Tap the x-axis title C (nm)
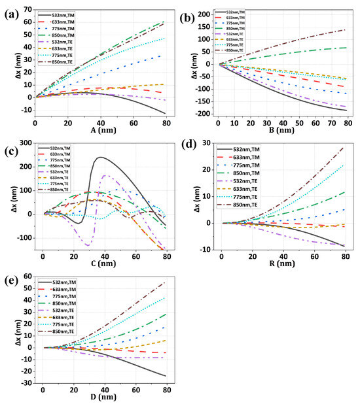[100, 267]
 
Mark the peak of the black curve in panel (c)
[100, 157]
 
